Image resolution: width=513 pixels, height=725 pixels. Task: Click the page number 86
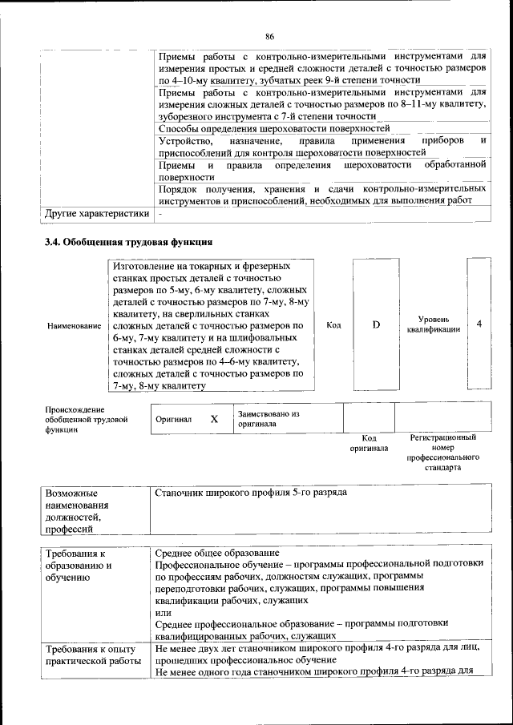(x=269, y=36)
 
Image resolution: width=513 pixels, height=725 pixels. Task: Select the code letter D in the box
(x=376, y=324)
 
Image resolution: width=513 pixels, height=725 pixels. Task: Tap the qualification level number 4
(x=479, y=324)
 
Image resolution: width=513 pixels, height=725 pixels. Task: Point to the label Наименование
(x=74, y=326)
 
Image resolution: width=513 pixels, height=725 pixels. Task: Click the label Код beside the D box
(x=334, y=324)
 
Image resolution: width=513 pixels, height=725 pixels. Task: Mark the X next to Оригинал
(x=214, y=419)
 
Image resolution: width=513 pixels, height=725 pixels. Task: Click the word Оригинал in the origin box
(x=173, y=419)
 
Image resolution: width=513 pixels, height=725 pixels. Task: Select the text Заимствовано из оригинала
(x=268, y=419)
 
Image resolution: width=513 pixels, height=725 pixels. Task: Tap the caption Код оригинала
(x=369, y=443)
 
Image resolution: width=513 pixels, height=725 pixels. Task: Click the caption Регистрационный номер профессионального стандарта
(x=442, y=453)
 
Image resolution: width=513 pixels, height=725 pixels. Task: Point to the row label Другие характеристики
(x=96, y=215)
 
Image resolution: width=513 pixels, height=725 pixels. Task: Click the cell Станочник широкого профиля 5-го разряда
(x=250, y=492)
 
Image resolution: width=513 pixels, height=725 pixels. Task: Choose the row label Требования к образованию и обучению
(x=79, y=565)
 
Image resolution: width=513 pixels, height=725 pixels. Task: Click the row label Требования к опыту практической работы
(x=91, y=655)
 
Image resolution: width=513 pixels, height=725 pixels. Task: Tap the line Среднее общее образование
(x=216, y=554)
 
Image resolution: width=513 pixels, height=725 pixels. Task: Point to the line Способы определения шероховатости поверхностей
(x=274, y=128)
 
